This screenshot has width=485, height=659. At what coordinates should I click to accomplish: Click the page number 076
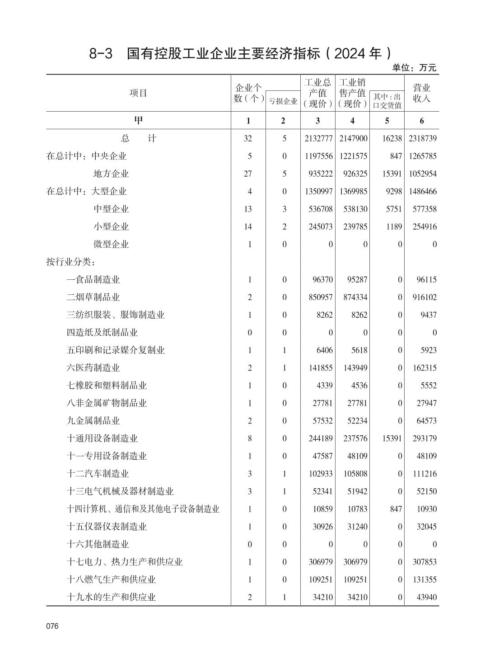[52, 626]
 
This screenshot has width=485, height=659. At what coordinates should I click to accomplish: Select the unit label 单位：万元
[414, 68]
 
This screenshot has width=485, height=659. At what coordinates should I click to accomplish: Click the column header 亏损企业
[283, 101]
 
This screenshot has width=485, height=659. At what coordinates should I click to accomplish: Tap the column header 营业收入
[422, 93]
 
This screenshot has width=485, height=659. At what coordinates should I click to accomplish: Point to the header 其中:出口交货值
[387, 101]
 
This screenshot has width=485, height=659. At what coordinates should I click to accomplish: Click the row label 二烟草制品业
[93, 297]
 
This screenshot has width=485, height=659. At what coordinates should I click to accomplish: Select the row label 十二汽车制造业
[98, 474]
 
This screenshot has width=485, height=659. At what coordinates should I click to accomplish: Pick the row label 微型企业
[111, 244]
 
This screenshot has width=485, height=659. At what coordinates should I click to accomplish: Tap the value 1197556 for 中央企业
[318, 156]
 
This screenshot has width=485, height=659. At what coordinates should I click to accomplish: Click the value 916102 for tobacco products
[424, 297]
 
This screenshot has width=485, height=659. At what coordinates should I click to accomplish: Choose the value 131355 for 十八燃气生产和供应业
[424, 579]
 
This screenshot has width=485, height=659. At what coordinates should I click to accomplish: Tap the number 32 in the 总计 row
[248, 138]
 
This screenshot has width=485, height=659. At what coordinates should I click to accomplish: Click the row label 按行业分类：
[70, 262]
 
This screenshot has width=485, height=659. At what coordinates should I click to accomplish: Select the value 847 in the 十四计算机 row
[396, 509]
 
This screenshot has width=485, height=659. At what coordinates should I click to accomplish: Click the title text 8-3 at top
[100, 54]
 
